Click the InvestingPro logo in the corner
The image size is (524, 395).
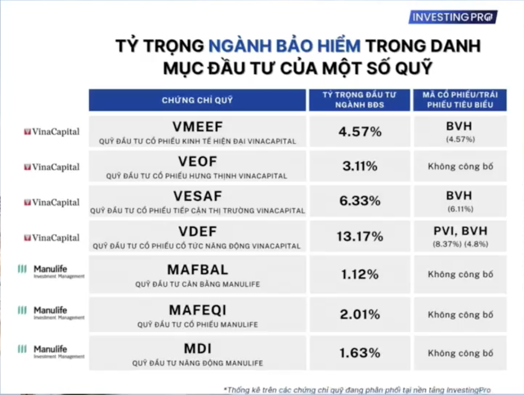click(x=453, y=17)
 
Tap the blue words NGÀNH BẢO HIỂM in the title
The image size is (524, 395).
click(x=284, y=46)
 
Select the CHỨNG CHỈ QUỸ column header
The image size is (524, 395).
click(x=197, y=100)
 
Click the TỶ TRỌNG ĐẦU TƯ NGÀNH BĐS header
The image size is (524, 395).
click(x=359, y=100)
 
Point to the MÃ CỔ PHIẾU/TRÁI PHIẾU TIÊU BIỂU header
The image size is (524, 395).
click(x=460, y=100)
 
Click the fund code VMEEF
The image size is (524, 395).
click(x=198, y=127)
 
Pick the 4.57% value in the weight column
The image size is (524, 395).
click(x=360, y=132)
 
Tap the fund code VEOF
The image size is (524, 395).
click(x=198, y=162)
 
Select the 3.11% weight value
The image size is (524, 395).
click(x=360, y=166)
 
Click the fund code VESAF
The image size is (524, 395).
click(x=198, y=196)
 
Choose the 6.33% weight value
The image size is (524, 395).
click(x=360, y=201)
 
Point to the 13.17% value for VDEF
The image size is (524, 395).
click(x=360, y=236)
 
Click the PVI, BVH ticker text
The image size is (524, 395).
click(x=460, y=231)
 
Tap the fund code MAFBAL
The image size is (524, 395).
click(x=198, y=270)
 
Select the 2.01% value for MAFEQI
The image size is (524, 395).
click(x=360, y=314)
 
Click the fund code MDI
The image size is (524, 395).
click(x=198, y=349)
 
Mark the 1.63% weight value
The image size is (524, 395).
click(x=360, y=353)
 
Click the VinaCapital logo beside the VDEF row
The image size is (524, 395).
click(x=52, y=237)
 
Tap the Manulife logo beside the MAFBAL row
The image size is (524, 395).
click(x=51, y=271)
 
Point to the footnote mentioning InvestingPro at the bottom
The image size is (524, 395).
click(x=357, y=389)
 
